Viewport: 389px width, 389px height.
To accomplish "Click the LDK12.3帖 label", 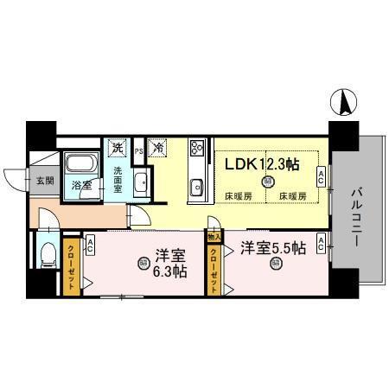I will pyautogui.click(x=264, y=163).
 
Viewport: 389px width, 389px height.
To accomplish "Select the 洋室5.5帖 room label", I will pyautogui.click(x=274, y=247).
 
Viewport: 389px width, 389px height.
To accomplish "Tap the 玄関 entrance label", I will pyautogui.click(x=44, y=182).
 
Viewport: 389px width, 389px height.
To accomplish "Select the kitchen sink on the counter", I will pyautogui.click(x=196, y=185).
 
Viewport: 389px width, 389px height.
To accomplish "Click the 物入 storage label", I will pyautogui.click(x=214, y=235).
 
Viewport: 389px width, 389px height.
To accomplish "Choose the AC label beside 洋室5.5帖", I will pyautogui.click(x=321, y=246).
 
